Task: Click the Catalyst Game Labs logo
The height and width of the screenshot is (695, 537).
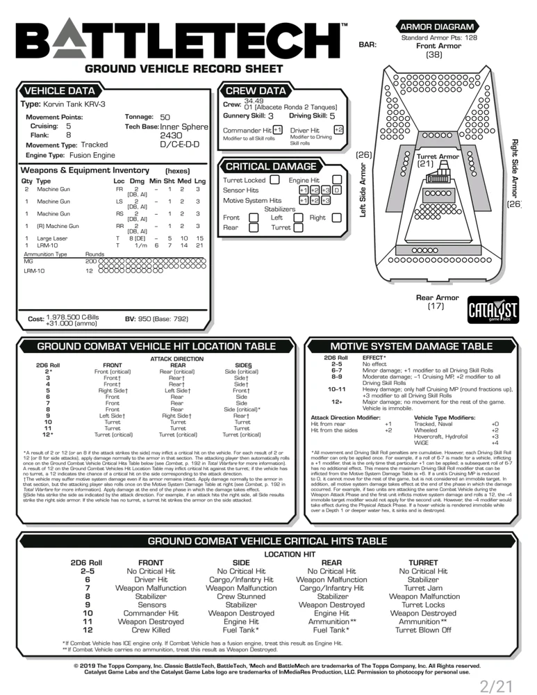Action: [x=493, y=309]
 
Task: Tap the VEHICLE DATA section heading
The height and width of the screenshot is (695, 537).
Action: [x=60, y=91]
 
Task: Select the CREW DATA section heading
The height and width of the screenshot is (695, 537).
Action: [x=256, y=91]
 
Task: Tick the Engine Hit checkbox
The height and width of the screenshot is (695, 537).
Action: [x=336, y=180]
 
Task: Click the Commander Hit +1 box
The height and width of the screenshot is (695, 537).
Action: [x=277, y=130]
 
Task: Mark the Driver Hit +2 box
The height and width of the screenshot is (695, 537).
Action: [x=338, y=130]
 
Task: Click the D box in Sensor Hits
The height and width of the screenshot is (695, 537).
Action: [x=336, y=190]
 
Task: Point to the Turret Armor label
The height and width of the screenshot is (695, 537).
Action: [x=438, y=157]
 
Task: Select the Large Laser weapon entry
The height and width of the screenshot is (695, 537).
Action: [x=52, y=238]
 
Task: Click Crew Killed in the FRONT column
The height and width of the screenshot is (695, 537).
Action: [x=151, y=630]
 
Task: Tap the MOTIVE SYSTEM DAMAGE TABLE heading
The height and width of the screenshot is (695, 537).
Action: [x=411, y=346]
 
